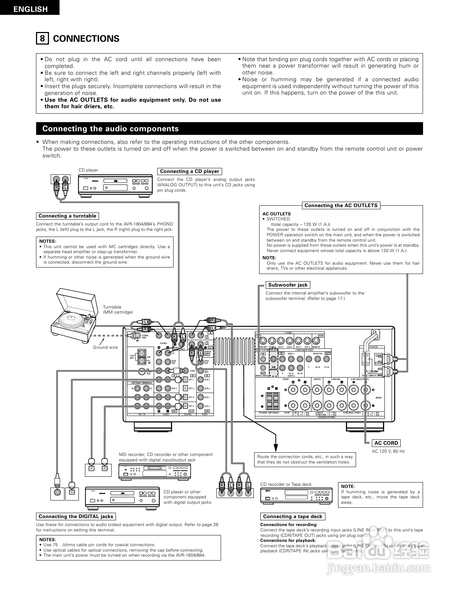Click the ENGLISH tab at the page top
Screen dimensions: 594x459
30,9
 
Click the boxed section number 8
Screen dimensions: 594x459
42,38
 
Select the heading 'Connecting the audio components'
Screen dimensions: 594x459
111,129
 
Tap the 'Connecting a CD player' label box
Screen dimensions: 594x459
189,172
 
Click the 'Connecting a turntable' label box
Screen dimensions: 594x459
67,216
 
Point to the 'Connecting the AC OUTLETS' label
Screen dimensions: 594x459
341,206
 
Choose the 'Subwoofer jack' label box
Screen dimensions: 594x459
288,285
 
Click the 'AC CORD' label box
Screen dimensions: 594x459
386,443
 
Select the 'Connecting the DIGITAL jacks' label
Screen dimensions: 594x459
76,517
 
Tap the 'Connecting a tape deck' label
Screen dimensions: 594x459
292,517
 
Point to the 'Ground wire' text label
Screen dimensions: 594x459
105,347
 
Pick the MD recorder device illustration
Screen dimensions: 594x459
155,471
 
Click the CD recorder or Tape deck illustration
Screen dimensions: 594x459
297,496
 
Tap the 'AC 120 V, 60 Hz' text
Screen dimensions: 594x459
388,451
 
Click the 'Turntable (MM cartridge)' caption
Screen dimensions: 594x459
118,310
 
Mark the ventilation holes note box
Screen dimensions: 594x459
305,460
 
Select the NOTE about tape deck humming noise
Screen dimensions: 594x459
380,494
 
